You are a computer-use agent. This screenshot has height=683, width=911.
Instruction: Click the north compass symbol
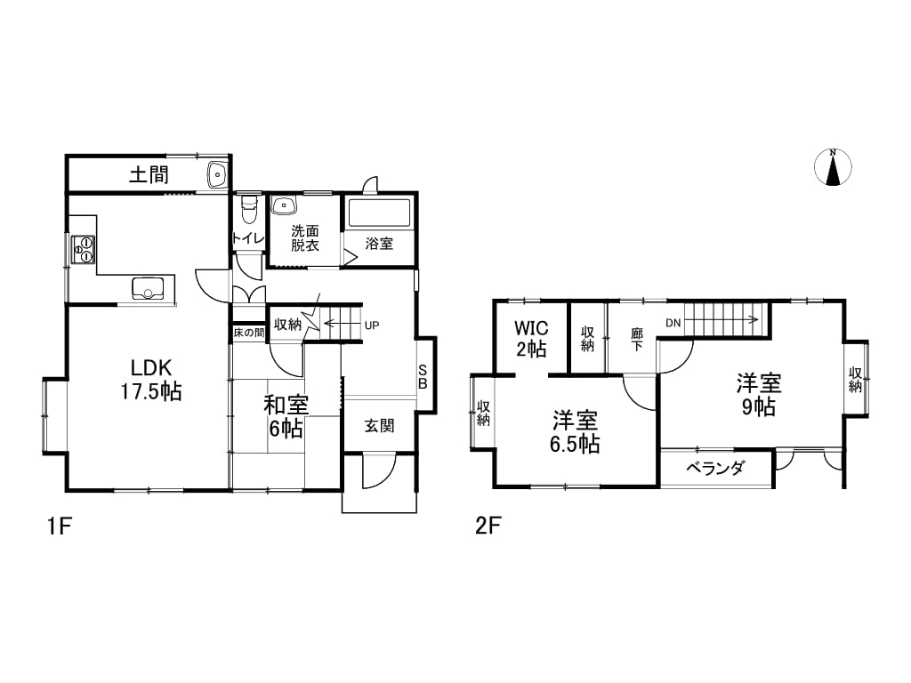coord(833,167)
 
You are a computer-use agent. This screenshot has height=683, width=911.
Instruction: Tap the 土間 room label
coord(149,174)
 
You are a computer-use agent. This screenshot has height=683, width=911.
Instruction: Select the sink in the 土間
coord(217,173)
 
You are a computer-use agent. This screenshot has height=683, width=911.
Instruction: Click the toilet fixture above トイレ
coord(249,210)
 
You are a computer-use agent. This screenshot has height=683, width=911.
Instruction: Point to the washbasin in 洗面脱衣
coord(285,205)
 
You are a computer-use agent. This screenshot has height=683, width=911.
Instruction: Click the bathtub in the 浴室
coord(379,213)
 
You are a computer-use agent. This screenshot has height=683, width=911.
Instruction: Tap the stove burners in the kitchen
coord(84,249)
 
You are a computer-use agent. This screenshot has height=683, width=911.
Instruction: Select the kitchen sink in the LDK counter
coord(148,288)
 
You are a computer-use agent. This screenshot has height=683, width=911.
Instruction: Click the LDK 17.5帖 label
coord(151,380)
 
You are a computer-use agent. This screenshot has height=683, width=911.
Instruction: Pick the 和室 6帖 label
coord(286,416)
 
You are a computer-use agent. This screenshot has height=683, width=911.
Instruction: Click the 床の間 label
coord(249,333)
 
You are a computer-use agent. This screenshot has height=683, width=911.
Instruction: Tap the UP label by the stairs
coord(372,325)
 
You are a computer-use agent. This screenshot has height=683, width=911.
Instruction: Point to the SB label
coord(423,376)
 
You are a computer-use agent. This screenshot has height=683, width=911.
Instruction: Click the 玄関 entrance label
coord(379,426)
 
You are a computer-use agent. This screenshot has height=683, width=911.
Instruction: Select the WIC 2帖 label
coord(531,339)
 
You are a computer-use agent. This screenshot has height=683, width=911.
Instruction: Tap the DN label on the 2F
coord(673,323)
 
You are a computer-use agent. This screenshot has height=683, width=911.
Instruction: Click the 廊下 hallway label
coord(637,340)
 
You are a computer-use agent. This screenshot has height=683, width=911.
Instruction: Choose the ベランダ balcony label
coord(715,468)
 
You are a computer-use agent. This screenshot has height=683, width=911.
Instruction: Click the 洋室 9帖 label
coord(759,395)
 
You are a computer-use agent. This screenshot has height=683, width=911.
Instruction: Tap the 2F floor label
coord(488,526)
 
